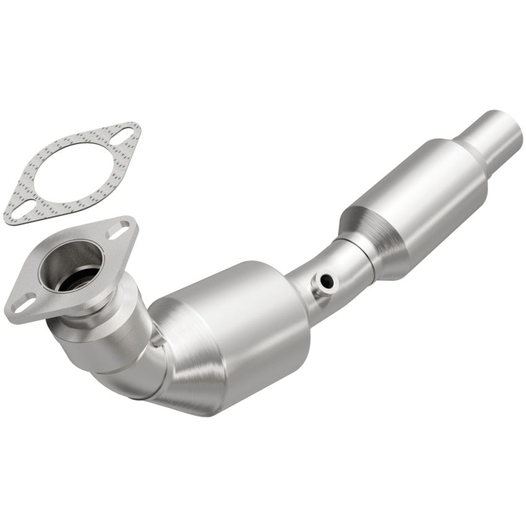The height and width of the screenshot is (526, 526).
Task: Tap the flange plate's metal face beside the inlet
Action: pyautogui.click(x=37, y=291)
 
